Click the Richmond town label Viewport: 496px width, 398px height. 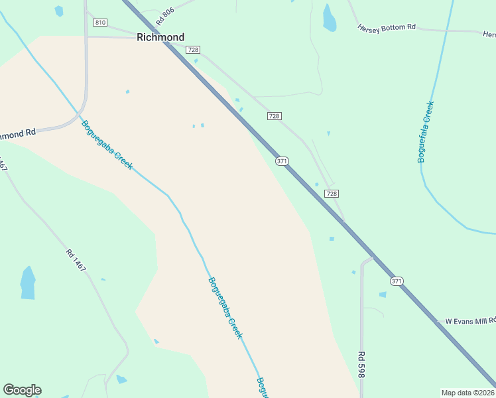(x=160, y=37)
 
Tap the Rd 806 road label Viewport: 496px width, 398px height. (x=164, y=17)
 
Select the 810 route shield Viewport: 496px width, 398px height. (x=100, y=23)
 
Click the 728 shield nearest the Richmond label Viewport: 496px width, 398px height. (x=193, y=50)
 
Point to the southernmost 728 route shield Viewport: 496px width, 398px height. (x=332, y=193)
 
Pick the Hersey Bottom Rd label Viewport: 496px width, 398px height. (x=387, y=28)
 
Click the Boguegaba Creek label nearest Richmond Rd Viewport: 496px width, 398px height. (x=107, y=143)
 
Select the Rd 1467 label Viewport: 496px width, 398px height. (x=76, y=259)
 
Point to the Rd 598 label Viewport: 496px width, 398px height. (x=362, y=365)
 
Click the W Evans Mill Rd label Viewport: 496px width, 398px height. (x=470, y=321)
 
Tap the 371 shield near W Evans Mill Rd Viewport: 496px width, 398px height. (x=397, y=281)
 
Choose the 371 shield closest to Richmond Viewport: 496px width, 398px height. (x=282, y=161)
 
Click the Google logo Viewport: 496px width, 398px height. (x=22, y=390)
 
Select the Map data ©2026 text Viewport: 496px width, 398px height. (x=467, y=393)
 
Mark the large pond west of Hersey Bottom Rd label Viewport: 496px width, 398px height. (x=329, y=18)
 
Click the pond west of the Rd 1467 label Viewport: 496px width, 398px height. (x=28, y=283)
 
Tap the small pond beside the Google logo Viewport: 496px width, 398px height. (x=121, y=379)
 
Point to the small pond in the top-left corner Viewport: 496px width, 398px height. (x=59, y=11)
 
